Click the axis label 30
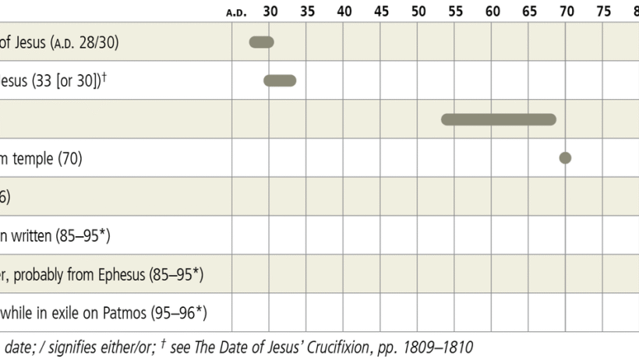270,11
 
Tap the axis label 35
307,11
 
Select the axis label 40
344,11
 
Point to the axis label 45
381,11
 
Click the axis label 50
418,11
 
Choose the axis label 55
455,11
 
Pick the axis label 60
492,11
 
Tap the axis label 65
529,11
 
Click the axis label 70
567,11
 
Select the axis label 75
603,11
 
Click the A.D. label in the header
236,12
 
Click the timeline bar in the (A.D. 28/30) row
262,42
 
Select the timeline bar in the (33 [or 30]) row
280,80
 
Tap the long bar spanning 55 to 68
499,119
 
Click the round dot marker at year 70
566,158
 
